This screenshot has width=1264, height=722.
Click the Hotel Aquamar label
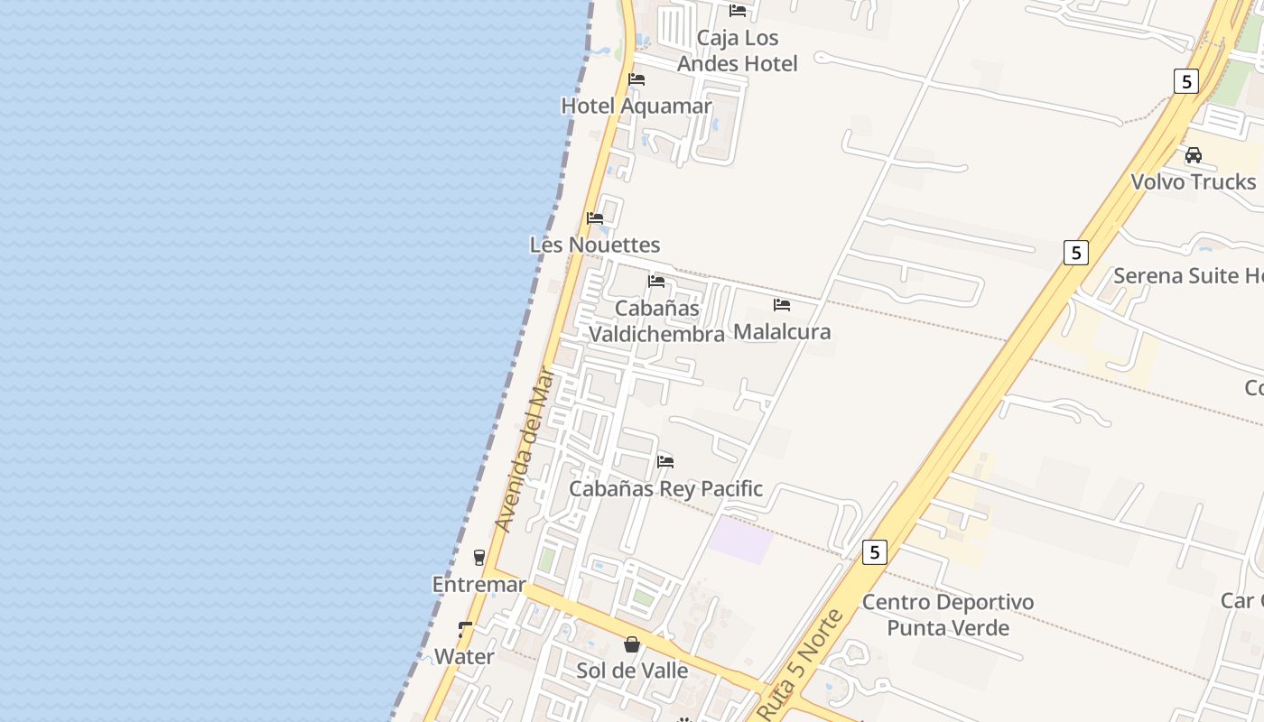(637, 106)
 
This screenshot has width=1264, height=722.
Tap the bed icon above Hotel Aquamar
(637, 79)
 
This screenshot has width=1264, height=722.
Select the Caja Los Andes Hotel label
(737, 51)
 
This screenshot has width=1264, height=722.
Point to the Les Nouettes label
(594, 245)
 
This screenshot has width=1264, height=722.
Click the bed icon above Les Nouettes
(594, 218)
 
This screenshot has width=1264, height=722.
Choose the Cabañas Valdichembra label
(656, 321)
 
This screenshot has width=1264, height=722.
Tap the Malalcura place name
(782, 331)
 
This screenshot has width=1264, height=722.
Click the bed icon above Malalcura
(782, 305)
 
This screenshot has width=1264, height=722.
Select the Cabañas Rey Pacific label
(665, 488)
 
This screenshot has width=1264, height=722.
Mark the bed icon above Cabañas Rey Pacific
(665, 462)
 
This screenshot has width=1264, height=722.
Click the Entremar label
(479, 584)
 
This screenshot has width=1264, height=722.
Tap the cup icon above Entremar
(479, 558)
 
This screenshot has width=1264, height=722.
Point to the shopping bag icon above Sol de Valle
(632, 644)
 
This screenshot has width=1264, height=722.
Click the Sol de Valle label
(632, 671)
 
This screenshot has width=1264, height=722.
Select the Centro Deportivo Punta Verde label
(947, 615)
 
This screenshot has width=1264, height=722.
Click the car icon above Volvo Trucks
(1194, 155)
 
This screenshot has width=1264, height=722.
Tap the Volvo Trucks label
(1193, 181)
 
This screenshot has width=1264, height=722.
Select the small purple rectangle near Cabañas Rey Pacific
(739, 540)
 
